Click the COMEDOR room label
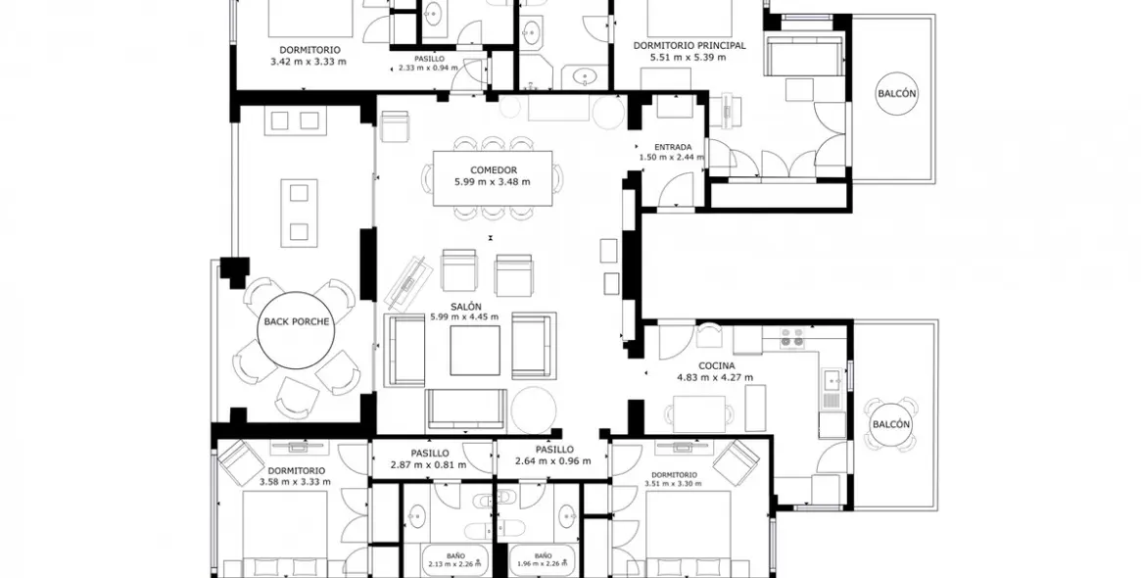click(493, 169)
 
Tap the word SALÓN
click(464, 306)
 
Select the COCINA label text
click(718, 365)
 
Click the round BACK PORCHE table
click(298, 322)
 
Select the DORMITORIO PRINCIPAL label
click(689, 45)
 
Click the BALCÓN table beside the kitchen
click(890, 424)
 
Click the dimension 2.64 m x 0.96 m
click(553, 461)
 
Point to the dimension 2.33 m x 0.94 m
click(428, 69)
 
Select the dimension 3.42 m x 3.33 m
click(309, 61)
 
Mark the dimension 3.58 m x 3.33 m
click(295, 482)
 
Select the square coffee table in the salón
click(475, 348)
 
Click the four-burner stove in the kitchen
click(791, 338)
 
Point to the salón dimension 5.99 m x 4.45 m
click(464, 316)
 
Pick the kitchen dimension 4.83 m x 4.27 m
click(718, 377)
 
